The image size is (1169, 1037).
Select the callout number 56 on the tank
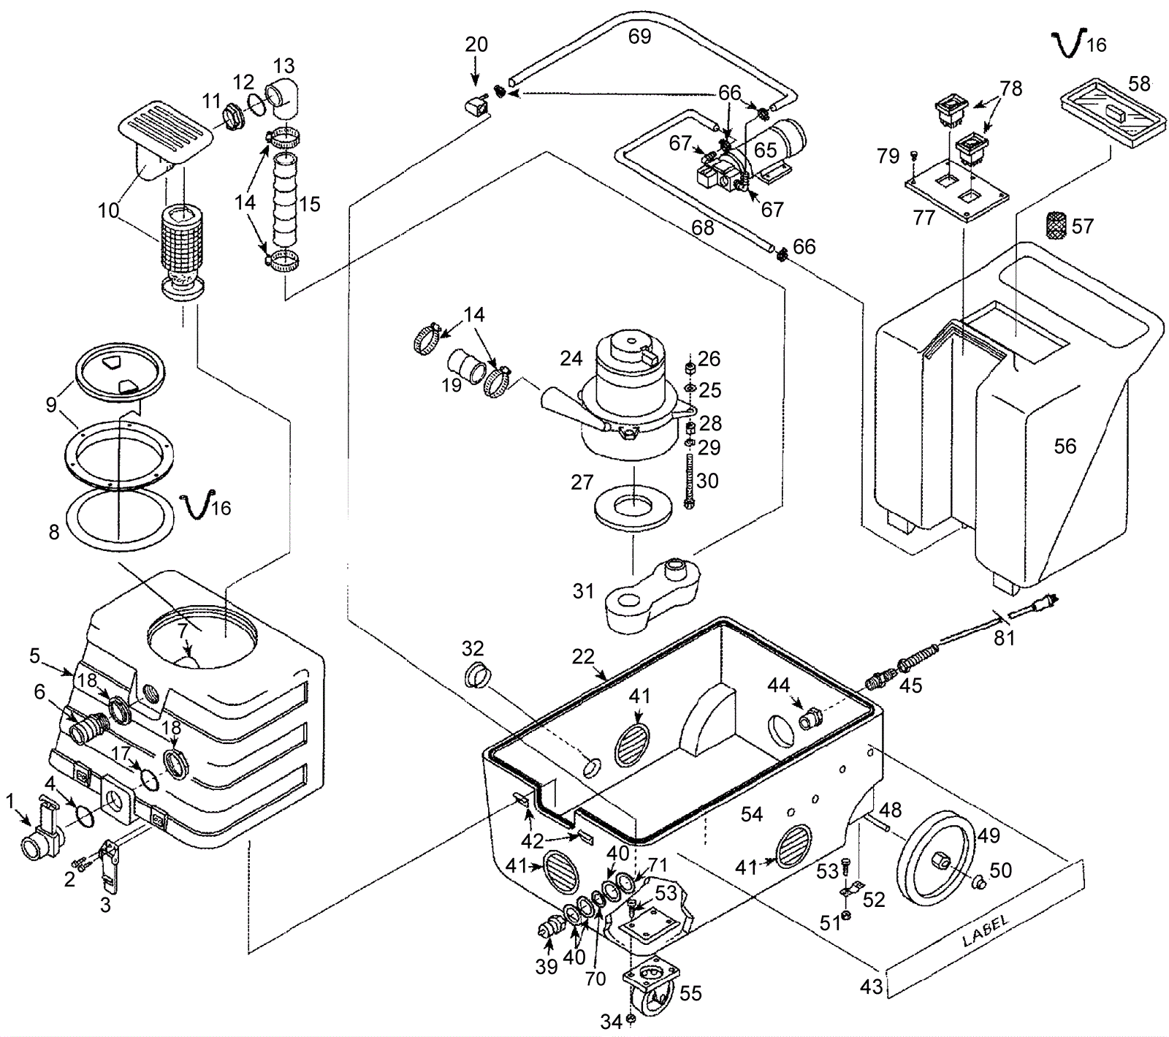[x=1065, y=446]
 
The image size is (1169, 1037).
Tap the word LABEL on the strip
[x=986, y=930]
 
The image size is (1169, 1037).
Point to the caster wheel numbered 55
[x=650, y=983]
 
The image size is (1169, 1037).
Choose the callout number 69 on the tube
[x=639, y=36]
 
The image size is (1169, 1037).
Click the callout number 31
[x=583, y=590]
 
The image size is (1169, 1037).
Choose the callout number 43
[x=871, y=987]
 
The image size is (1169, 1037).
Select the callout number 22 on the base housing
[x=583, y=656]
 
